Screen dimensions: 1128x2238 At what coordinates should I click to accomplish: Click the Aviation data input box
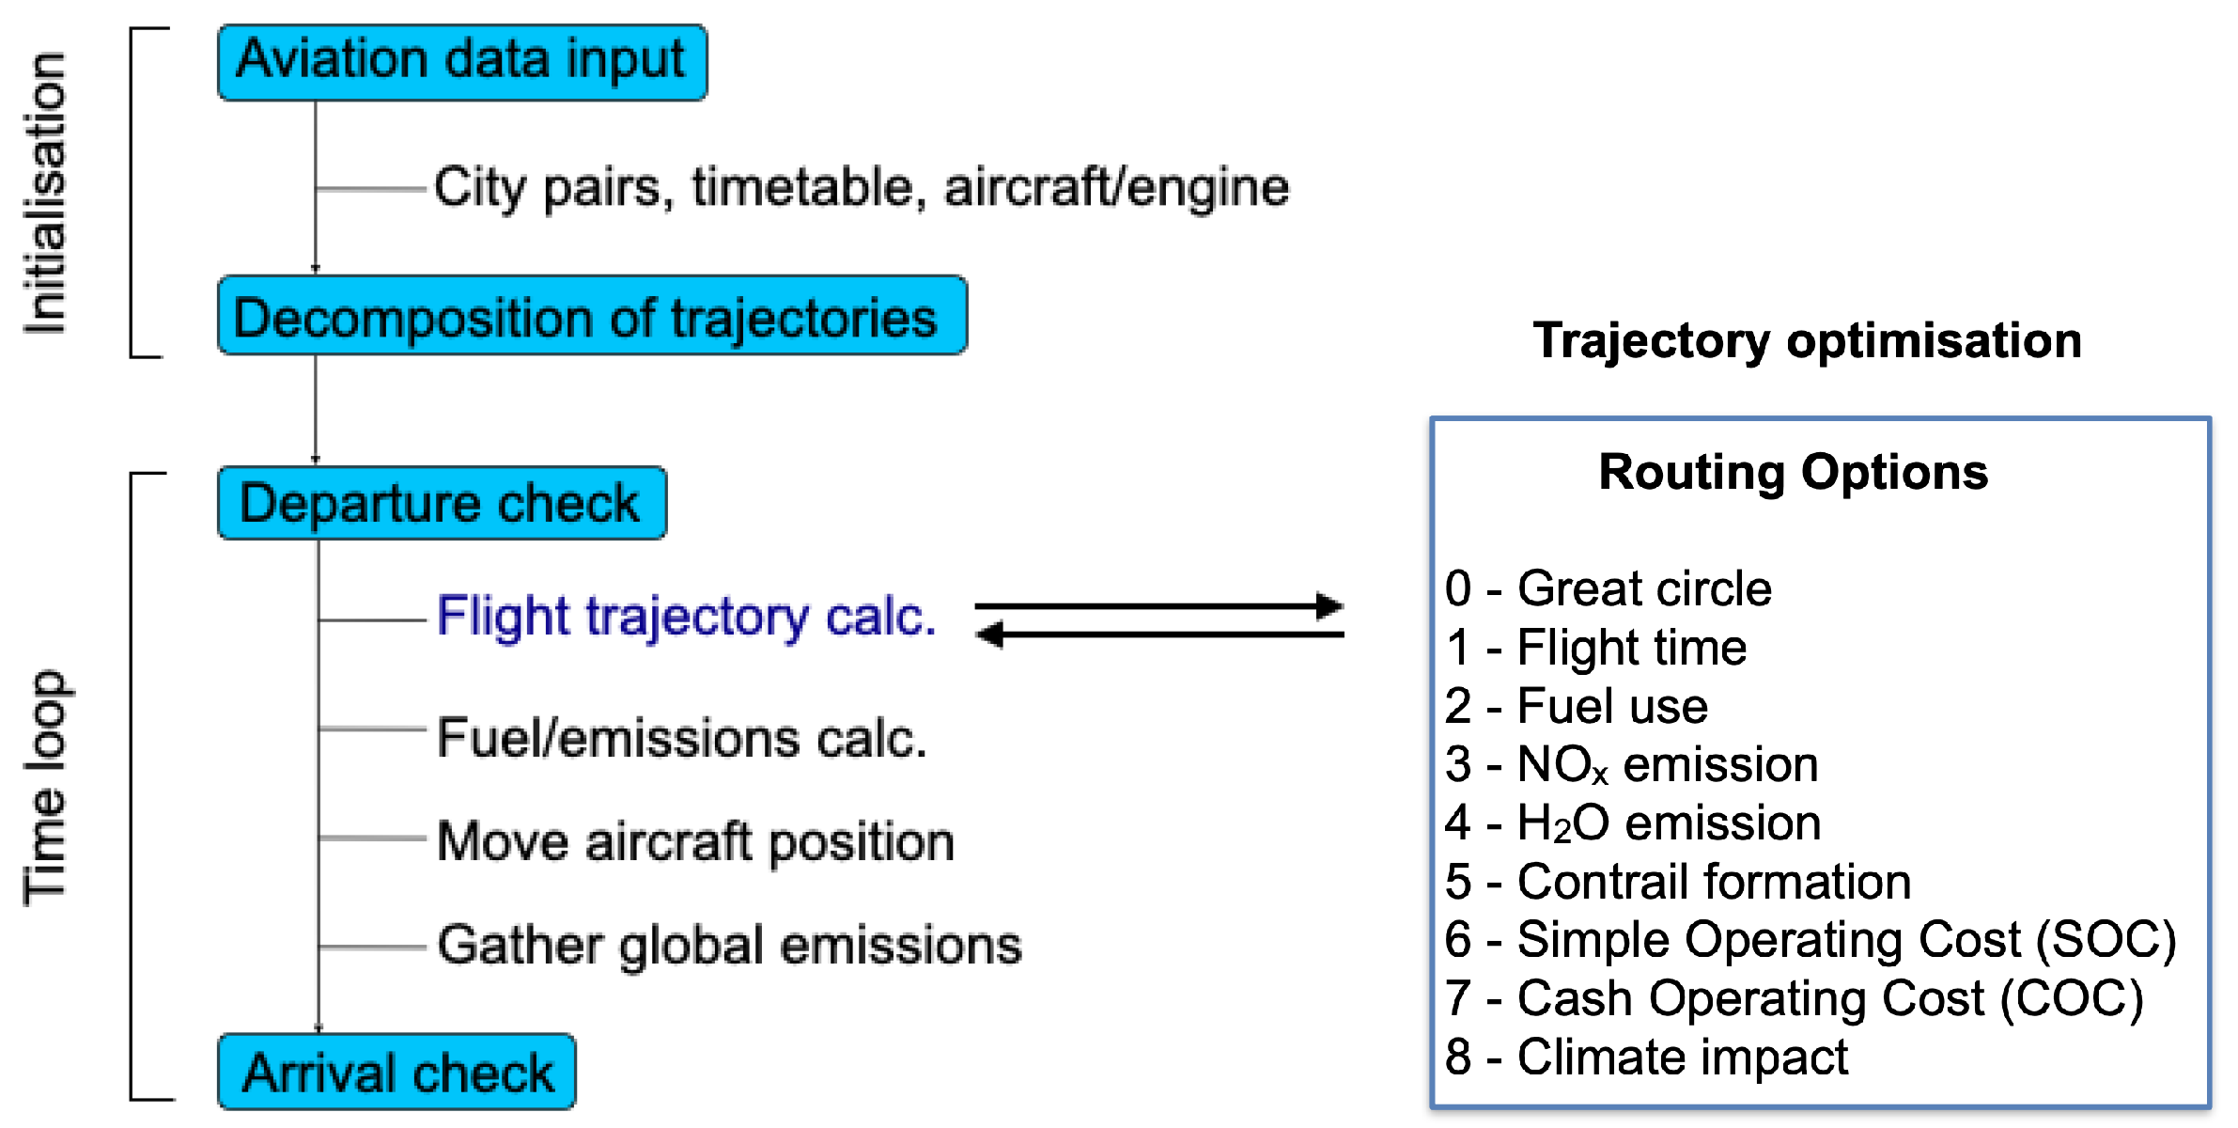461,62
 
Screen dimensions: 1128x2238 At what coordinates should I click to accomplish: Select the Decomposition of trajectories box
592,316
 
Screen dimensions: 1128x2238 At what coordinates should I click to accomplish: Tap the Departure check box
442,503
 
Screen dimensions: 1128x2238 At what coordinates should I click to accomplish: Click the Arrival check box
396,1072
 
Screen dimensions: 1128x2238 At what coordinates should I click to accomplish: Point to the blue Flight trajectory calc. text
686,618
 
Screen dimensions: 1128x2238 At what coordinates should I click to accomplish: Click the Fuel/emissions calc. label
682,738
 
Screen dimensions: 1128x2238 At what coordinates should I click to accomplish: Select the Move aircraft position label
695,841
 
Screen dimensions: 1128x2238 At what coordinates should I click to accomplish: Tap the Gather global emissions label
729,945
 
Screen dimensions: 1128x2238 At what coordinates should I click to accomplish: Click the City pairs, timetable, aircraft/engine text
861,187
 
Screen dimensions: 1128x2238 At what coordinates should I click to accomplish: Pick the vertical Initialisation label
45,193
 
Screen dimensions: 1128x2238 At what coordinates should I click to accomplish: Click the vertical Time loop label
45,788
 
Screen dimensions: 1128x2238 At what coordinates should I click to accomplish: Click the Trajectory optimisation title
1807,340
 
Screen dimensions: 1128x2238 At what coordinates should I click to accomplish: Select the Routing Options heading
1793,472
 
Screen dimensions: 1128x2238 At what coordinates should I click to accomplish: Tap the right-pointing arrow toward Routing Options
1159,606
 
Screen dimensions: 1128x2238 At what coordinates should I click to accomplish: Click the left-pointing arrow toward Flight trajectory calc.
1159,635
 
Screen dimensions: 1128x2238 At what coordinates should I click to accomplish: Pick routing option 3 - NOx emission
1631,765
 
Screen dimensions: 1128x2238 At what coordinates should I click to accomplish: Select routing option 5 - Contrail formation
1678,883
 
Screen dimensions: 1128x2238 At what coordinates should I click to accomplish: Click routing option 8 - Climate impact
1646,1057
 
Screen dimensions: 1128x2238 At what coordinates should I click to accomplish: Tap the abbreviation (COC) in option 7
2072,999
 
